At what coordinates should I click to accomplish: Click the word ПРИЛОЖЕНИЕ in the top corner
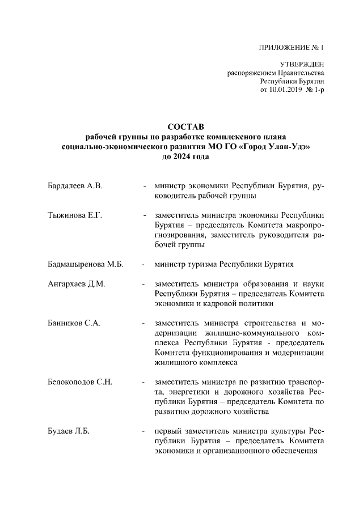pyautogui.click(x=282, y=48)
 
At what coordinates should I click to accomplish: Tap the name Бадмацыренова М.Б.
pyautogui.click(x=85, y=264)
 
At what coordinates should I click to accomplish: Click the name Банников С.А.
pyautogui.click(x=74, y=323)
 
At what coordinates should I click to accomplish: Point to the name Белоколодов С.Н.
pyautogui.click(x=80, y=381)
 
